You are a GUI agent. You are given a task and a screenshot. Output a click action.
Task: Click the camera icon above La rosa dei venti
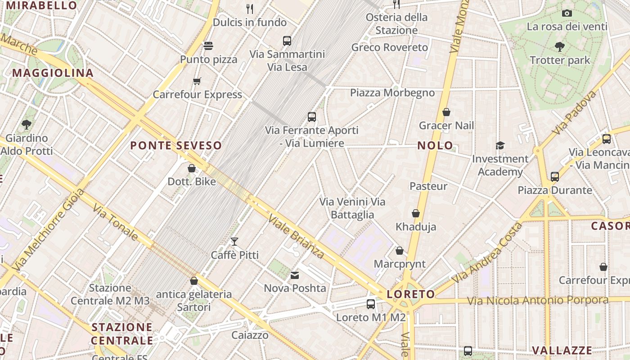tap(567, 13)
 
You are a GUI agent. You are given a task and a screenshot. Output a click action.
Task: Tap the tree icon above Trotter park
tap(560, 46)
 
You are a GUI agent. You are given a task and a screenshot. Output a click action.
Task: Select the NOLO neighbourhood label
tap(435, 145)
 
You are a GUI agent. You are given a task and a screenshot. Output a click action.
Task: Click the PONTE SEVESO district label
tap(176, 145)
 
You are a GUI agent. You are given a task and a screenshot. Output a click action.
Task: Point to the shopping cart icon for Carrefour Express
tap(197, 81)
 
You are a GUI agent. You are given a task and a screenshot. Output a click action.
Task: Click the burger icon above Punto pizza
tap(208, 45)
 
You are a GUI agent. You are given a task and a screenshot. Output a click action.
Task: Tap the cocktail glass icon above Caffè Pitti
tap(234, 242)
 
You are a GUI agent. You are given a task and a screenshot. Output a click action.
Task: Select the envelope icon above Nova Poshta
tap(295, 275)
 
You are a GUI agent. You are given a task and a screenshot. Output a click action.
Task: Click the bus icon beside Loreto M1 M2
tap(371, 304)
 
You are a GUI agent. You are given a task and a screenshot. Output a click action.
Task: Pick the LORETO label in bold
tap(411, 294)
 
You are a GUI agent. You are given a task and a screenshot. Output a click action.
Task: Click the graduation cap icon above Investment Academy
tap(500, 145)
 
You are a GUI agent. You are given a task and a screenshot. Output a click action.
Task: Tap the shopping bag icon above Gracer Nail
tap(446, 112)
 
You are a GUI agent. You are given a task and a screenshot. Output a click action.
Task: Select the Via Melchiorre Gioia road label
tap(48, 230)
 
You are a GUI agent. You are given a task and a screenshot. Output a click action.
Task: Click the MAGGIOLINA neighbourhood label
tap(53, 73)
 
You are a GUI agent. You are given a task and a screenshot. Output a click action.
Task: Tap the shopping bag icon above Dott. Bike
tap(192, 169)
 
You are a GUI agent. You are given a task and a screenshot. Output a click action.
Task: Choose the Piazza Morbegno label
tap(392, 93)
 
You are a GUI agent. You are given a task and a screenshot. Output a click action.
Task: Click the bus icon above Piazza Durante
tap(555, 176)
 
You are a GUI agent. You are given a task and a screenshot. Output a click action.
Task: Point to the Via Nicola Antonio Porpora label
tap(537, 300)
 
